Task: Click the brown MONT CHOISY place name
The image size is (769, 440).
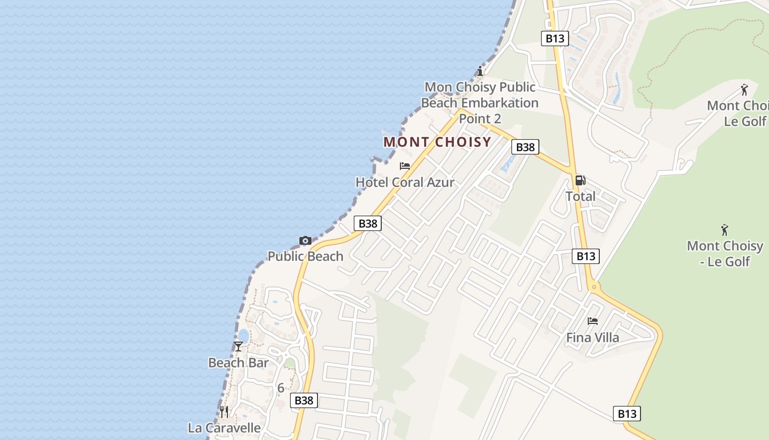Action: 437,142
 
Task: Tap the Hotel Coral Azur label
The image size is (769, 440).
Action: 405,182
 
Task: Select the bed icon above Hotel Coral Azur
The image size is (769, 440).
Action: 405,166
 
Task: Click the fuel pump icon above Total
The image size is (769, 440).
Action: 580,180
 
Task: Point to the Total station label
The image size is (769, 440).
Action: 580,196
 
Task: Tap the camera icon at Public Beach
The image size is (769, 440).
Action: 305,240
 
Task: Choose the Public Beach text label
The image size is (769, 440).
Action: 305,256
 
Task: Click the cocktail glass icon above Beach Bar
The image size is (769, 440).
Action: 238,346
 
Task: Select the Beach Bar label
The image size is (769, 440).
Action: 238,362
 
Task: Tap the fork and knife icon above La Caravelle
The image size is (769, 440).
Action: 224,411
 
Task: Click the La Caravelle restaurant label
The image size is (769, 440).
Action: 224,428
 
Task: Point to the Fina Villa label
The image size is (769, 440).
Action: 592,338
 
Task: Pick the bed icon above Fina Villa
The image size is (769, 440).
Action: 592,321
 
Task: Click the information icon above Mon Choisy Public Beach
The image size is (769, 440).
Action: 480,71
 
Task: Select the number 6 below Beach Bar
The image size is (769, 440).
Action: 281,388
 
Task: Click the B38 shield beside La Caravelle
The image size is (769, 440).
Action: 304,400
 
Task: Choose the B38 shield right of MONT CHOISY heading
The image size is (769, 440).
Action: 526,147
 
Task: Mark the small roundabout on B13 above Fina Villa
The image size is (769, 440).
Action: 593,287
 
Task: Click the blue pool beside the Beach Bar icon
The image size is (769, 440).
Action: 243,335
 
